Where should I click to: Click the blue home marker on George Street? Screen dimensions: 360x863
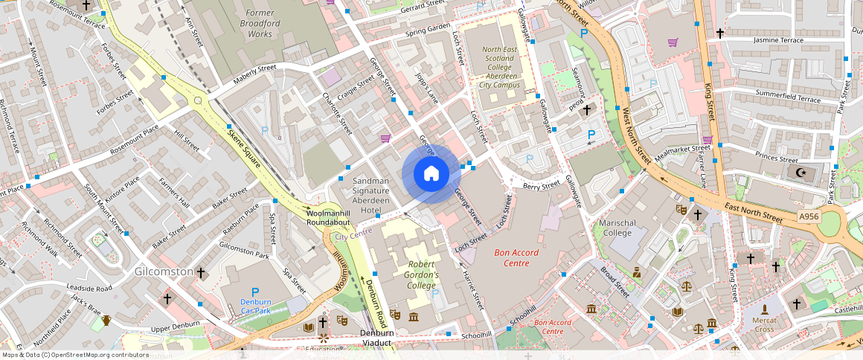tap(431, 174)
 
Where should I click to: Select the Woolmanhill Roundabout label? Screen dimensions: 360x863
tap(328, 218)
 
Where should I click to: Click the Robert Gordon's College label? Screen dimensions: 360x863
tap(423, 274)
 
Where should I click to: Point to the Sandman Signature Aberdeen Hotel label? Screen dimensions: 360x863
tap(370, 196)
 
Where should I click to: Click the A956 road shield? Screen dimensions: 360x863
tap(809, 216)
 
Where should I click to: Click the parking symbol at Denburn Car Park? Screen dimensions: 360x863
tap(255, 292)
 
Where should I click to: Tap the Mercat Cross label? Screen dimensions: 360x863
tap(764, 324)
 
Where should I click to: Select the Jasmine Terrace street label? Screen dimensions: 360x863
tap(778, 40)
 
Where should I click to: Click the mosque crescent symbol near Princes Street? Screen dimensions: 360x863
tap(801, 173)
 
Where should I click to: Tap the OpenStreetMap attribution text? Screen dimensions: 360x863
tap(75, 355)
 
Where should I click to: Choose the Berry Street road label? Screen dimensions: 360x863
tap(541, 186)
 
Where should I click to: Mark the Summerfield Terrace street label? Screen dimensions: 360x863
tap(788, 97)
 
